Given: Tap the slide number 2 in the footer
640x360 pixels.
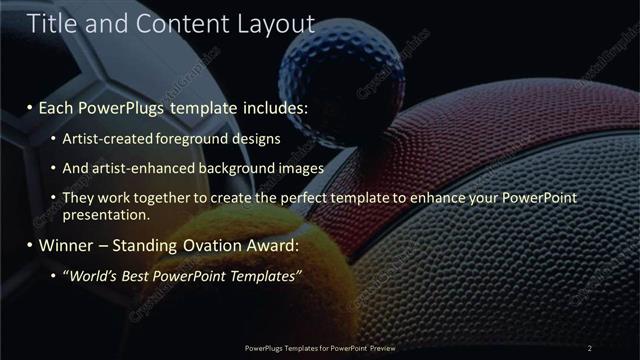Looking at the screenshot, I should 590,348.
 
